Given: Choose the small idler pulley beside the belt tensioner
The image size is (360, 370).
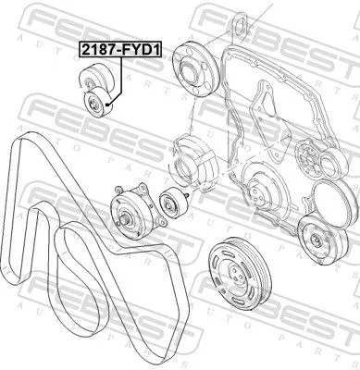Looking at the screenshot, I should tap(170, 202).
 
